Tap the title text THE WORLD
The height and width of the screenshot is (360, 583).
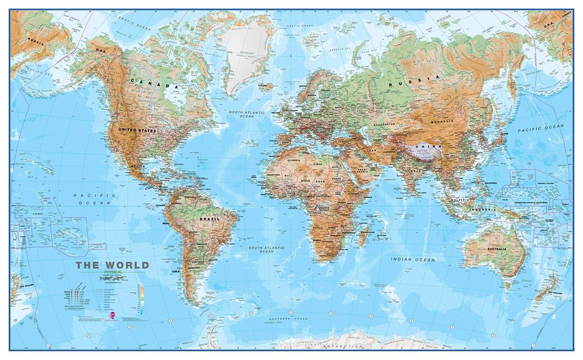(112, 265)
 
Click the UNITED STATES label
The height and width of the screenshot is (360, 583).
(137, 131)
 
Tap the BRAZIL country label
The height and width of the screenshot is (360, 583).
(209, 219)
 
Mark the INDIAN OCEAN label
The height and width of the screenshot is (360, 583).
(413, 259)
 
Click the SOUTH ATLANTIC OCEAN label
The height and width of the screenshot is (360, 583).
(267, 250)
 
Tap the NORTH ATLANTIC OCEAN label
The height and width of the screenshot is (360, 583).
(247, 114)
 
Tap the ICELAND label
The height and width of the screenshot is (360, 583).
(263, 86)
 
